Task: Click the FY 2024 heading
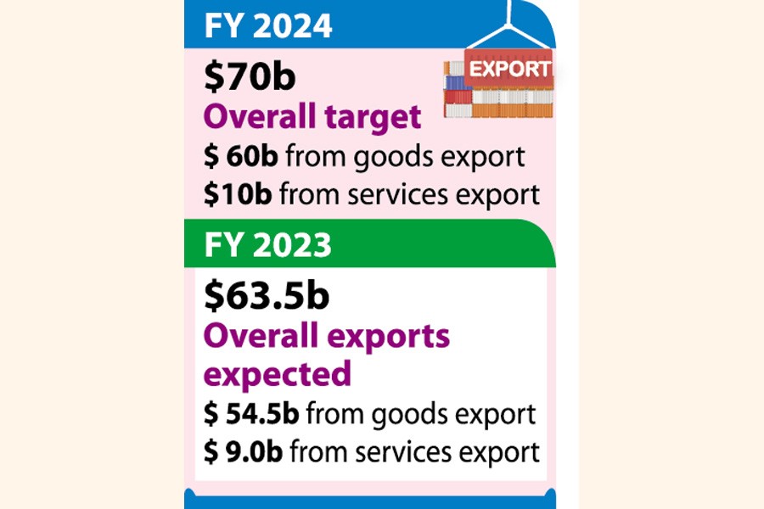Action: (269, 27)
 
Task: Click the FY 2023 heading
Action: (268, 245)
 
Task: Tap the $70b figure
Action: (249, 77)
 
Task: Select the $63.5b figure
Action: (267, 296)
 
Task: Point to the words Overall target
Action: (312, 117)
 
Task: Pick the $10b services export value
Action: (238, 194)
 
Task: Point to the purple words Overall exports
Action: (327, 337)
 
